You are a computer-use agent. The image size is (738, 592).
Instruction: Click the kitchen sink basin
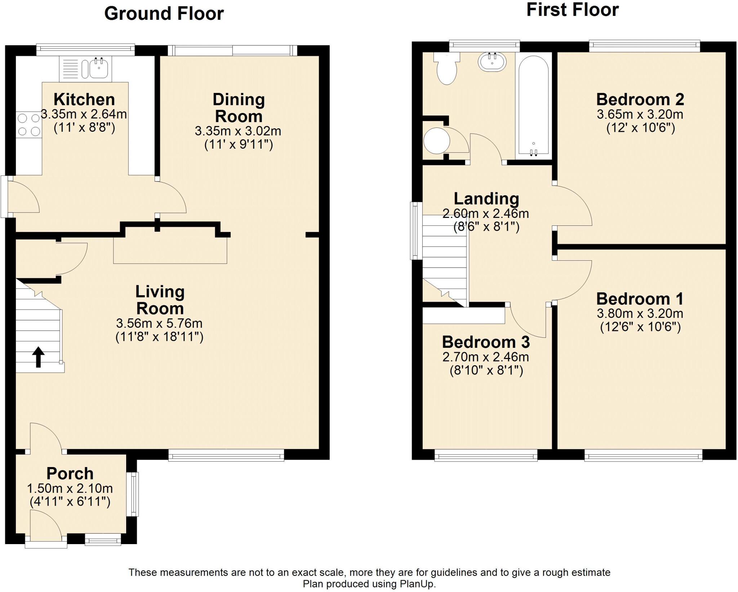[98, 68]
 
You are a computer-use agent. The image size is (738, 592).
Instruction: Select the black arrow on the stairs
[39, 357]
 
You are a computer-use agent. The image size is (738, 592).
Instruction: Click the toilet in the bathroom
[447, 69]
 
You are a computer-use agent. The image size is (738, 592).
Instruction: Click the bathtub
[533, 106]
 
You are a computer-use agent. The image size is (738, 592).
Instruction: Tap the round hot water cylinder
[437, 140]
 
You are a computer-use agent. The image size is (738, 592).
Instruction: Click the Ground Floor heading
[164, 14]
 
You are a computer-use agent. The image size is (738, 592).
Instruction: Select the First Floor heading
[572, 10]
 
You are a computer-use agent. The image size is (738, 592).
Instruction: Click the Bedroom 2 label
[640, 99]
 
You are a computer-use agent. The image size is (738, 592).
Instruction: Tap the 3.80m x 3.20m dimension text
[640, 314]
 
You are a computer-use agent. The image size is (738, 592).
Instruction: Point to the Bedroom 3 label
[486, 342]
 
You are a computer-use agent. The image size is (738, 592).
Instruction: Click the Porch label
[70, 473]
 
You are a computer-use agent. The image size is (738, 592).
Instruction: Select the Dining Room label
[239, 108]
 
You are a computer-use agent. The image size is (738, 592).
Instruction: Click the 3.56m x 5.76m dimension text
[159, 323]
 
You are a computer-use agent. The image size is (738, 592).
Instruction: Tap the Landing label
[486, 198]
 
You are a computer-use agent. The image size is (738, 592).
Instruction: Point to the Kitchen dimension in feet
[84, 127]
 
